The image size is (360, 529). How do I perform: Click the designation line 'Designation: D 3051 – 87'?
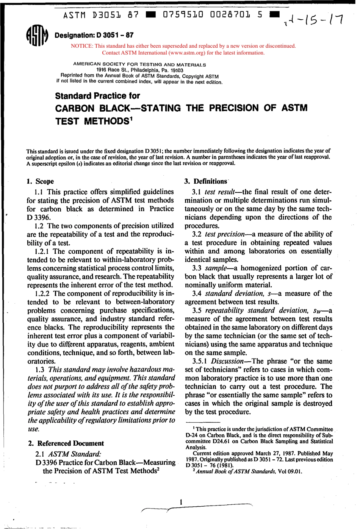(94, 35)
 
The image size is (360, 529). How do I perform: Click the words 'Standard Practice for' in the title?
(97, 96)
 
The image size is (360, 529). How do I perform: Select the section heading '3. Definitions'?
(206, 181)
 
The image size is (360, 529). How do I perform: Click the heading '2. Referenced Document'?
(66, 443)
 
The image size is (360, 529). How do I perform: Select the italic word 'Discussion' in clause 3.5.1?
(227, 361)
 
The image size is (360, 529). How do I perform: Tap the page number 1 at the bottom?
(181, 502)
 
